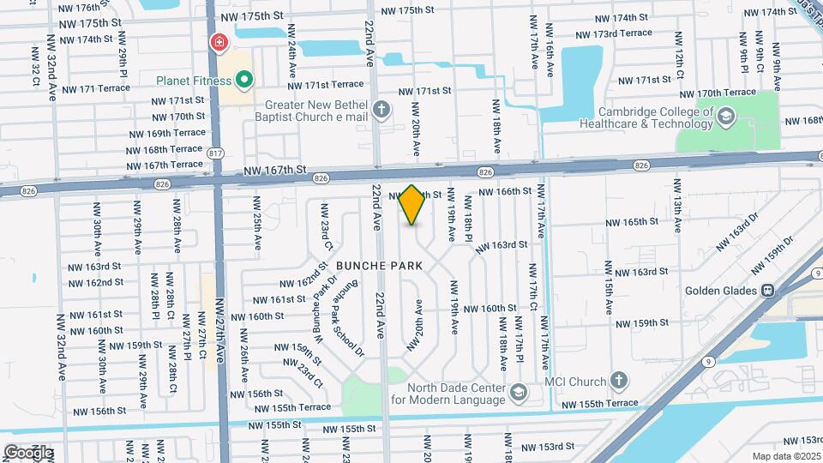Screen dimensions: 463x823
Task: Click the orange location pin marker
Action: (412, 204)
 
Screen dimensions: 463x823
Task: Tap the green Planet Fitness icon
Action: (244, 81)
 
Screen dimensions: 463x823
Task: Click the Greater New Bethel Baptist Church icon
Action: (381, 110)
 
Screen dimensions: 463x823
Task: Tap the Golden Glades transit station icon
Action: (768, 290)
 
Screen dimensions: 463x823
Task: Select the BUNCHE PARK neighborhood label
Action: (379, 266)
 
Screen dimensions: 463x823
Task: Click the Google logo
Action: (28, 452)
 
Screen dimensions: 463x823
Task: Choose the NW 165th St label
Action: (632, 222)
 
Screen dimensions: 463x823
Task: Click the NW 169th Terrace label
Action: (167, 133)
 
